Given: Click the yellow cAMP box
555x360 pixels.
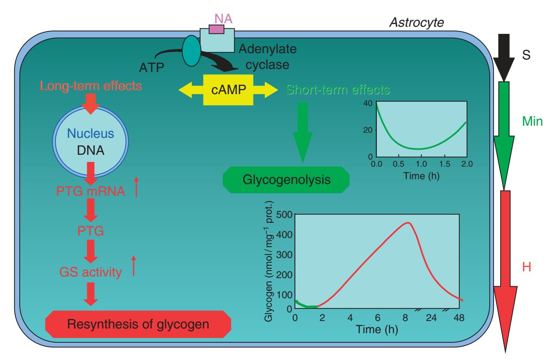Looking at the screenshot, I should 228,90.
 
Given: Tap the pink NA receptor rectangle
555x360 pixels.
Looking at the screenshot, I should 216,29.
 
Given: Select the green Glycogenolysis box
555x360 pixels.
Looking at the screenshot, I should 286,180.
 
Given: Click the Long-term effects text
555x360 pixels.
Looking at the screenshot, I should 91,85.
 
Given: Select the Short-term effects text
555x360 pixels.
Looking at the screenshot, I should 338,90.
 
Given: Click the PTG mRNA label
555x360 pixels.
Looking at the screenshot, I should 91,192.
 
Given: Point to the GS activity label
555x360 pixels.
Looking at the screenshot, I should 90,272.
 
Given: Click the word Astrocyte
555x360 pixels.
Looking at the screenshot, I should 416,22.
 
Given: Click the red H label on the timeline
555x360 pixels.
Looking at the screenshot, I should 527,267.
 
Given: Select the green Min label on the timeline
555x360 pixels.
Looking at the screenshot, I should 532,121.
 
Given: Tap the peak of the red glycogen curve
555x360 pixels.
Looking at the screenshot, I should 408,223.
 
